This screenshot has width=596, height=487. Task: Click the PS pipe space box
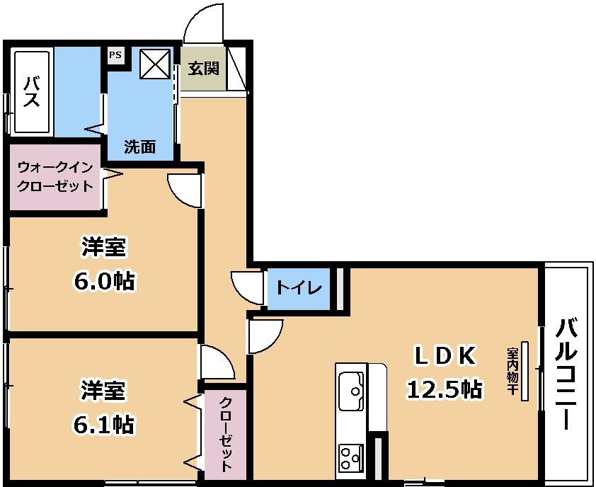click(x=115, y=55)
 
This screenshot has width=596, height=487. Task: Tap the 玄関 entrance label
click(x=204, y=69)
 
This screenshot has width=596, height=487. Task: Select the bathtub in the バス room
click(x=32, y=91)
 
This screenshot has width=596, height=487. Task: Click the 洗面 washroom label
click(x=140, y=147)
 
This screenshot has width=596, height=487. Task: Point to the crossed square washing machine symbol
click(x=155, y=64)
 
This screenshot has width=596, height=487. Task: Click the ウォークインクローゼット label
click(x=55, y=177)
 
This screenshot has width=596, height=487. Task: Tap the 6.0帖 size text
click(x=104, y=282)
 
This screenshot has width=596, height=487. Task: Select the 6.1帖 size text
click(x=103, y=425)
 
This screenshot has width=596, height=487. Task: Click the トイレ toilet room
click(x=299, y=289)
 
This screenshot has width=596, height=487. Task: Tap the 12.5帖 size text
click(x=445, y=390)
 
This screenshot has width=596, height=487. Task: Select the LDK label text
click(x=445, y=356)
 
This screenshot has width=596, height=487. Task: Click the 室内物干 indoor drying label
click(x=511, y=371)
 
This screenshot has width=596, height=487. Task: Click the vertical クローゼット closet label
click(x=226, y=434)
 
